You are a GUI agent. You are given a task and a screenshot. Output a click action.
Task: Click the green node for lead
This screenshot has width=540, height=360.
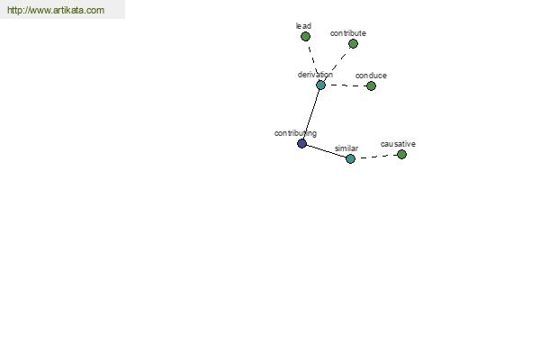305,37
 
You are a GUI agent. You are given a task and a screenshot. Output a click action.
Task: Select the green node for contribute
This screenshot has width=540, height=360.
353,44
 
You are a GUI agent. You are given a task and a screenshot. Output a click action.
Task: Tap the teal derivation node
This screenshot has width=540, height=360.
320,85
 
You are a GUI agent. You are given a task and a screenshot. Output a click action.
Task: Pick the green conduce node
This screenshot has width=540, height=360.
371,85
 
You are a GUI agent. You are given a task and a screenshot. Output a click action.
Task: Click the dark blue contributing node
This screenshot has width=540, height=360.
302,143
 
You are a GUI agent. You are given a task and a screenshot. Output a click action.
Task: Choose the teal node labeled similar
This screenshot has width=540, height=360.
350,158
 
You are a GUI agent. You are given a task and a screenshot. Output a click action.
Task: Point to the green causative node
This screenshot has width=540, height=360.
401,154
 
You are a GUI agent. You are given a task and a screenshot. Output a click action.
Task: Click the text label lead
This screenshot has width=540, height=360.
303,26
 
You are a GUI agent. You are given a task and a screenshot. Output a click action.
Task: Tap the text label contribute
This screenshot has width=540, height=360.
347,33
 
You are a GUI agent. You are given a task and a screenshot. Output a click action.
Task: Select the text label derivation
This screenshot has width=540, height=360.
315,75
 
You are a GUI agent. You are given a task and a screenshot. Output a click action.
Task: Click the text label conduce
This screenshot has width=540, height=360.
371,76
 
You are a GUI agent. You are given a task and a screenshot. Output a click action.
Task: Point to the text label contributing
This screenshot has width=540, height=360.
295,133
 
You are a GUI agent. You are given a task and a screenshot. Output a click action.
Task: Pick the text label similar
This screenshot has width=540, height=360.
346,148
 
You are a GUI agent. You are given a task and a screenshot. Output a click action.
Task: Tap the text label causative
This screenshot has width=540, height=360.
398,144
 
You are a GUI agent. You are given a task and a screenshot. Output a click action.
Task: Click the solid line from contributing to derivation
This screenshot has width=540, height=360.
311,114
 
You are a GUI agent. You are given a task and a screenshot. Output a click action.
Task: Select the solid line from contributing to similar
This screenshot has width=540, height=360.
326,151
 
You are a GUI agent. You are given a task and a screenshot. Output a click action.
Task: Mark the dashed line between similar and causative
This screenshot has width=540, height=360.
376,157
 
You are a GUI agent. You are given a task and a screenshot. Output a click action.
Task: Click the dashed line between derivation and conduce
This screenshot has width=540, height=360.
346,85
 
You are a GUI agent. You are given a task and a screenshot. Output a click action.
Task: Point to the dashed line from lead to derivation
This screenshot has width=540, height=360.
313,60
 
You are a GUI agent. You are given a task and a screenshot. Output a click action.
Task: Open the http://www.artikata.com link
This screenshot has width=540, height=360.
56,10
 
